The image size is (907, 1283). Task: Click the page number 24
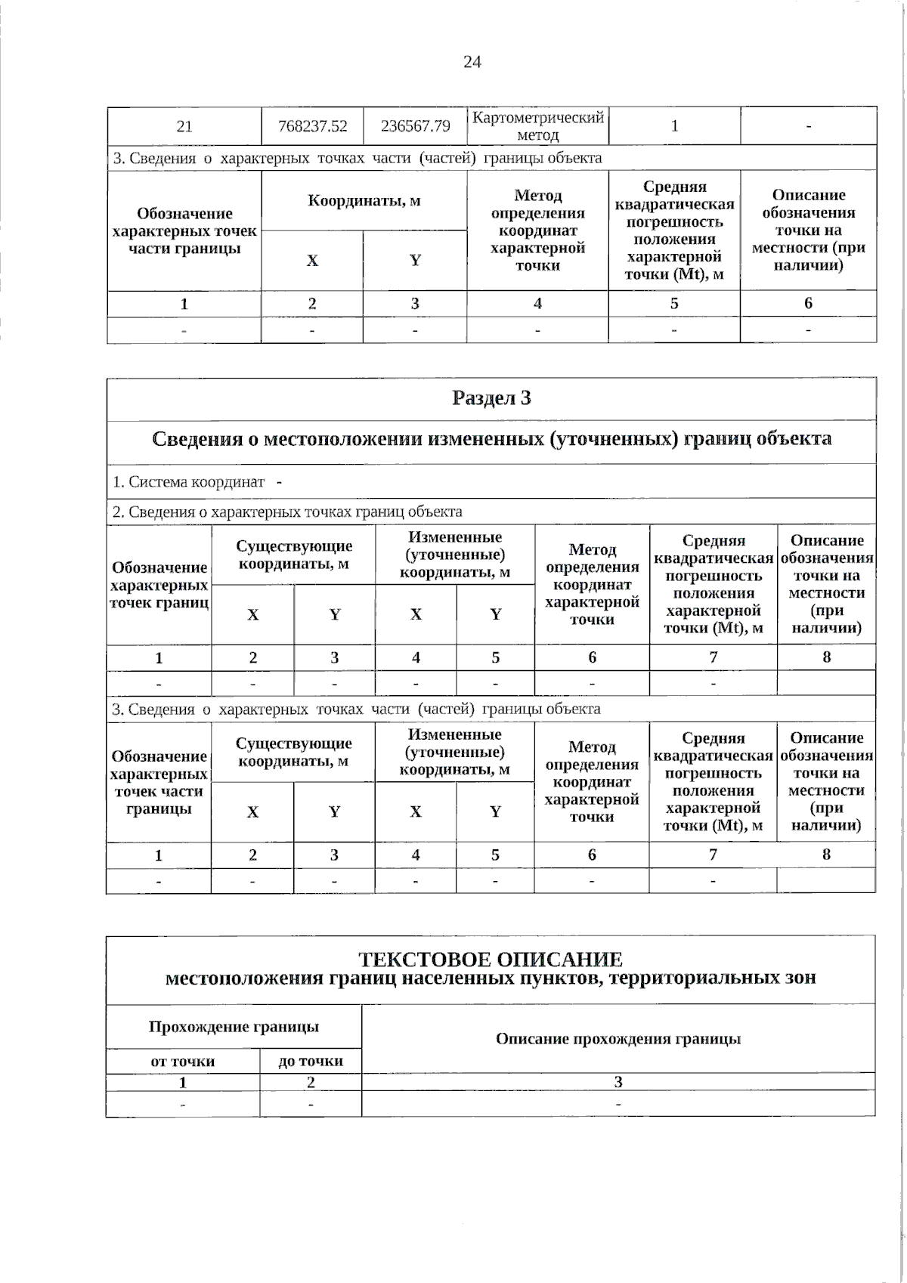pos(472,62)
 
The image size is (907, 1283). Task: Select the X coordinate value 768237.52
pos(312,126)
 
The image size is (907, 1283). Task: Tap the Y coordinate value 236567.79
pos(415,126)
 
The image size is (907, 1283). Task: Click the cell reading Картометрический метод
pos(537,126)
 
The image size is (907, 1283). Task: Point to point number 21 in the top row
pos(184,126)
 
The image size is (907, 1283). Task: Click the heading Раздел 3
pos(491,398)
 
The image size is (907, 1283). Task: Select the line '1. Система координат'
pos(189,481)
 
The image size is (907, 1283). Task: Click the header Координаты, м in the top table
pos(364,201)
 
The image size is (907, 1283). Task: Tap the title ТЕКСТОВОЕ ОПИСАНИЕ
pos(491,960)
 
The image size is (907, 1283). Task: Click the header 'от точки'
pos(183,1061)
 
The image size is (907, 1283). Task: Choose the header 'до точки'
pos(311,1061)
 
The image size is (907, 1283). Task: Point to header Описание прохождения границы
pos(618,1039)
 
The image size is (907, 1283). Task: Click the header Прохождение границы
pos(234,1027)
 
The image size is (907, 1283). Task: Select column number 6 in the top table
pos(808,304)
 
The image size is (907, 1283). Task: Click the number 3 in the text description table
pos(618,1082)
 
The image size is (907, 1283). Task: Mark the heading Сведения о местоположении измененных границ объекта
pos(491,439)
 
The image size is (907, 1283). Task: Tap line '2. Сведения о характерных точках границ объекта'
pos(287,512)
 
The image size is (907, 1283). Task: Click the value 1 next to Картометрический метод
pos(674,126)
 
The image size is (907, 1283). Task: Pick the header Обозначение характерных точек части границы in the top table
pos(184,230)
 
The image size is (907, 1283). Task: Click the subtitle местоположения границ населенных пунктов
pos(491,978)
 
